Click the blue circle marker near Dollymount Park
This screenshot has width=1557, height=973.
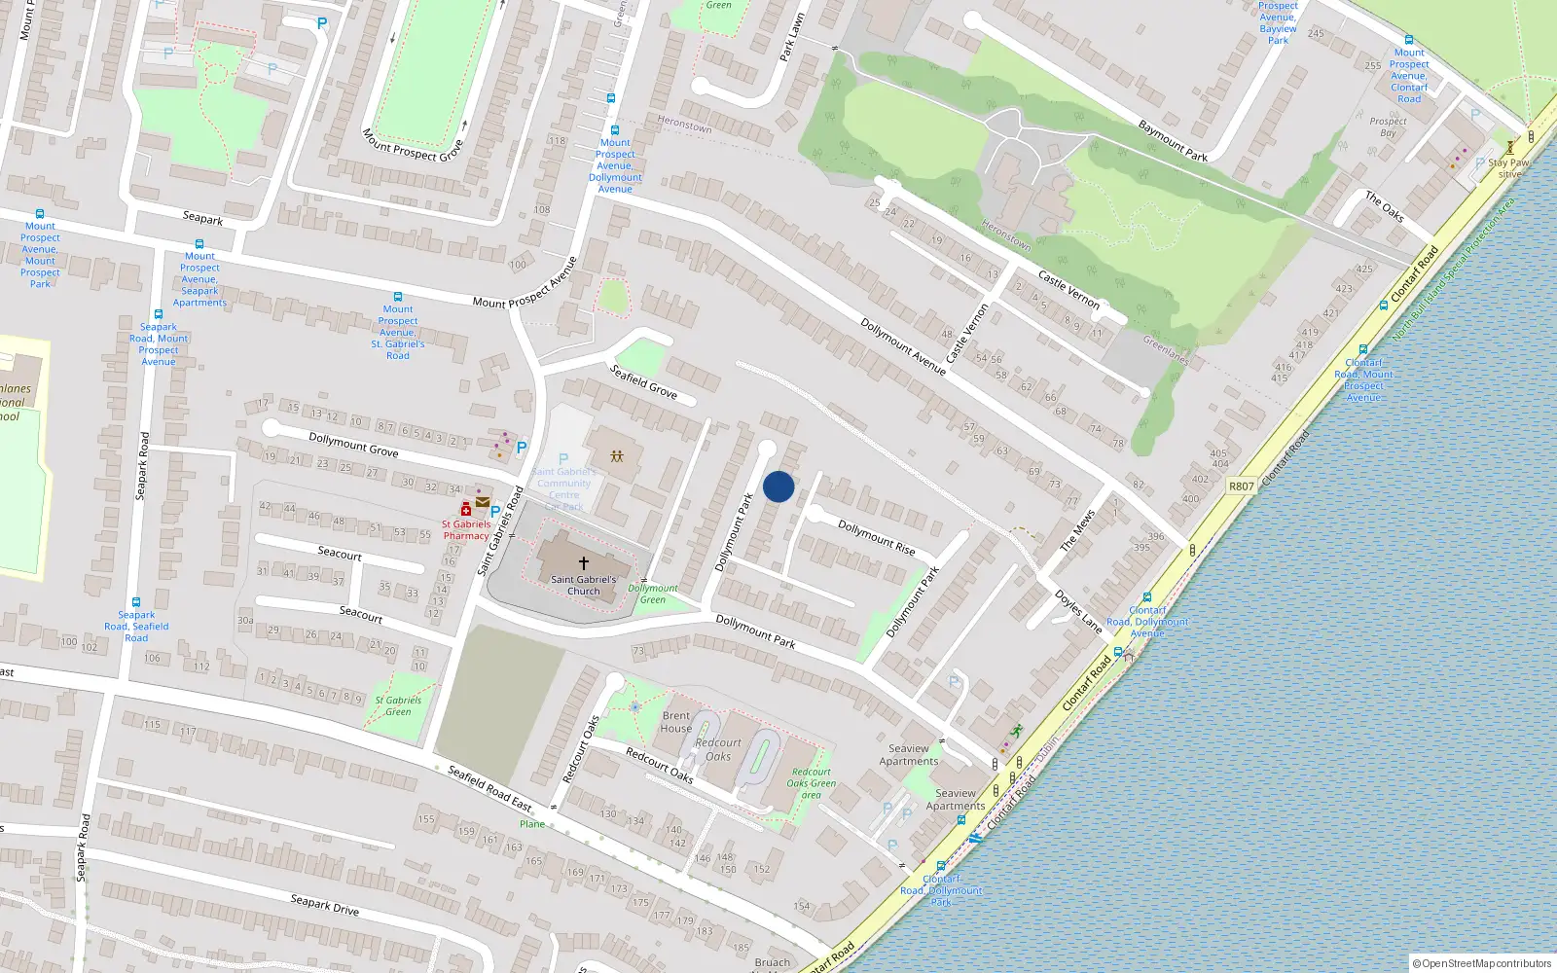point(778,486)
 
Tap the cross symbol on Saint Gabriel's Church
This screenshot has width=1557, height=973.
point(583,563)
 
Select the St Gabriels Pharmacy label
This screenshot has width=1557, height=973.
point(466,530)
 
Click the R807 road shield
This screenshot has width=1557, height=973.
point(1242,486)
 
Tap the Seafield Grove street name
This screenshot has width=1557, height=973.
point(643,381)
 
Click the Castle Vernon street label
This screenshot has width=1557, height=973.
point(1068,290)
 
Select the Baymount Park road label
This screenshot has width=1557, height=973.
point(1173,140)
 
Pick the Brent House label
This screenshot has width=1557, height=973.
point(676,722)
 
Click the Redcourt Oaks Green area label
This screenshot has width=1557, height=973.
point(812,783)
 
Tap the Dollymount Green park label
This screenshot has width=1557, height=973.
point(653,594)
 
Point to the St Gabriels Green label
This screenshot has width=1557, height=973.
point(398,705)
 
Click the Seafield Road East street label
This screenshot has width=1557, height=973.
point(489,788)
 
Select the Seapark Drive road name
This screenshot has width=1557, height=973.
point(325,905)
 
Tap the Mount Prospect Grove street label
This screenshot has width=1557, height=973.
point(413,145)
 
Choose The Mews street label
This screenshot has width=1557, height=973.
point(1077,531)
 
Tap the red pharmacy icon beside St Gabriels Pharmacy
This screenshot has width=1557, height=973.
point(466,510)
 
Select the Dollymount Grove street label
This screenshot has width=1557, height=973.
point(353,445)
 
